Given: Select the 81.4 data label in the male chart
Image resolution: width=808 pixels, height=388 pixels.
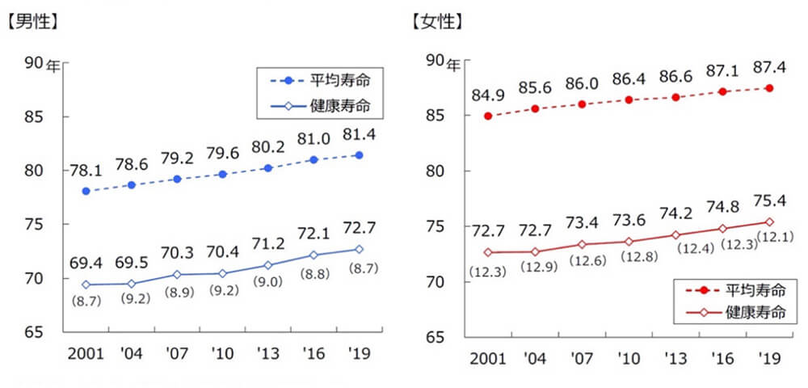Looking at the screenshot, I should click(x=359, y=135).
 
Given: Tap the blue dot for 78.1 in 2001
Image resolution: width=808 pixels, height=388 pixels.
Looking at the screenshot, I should click(x=85, y=192).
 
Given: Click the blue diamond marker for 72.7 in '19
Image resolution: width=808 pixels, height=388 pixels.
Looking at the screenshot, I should click(x=359, y=249).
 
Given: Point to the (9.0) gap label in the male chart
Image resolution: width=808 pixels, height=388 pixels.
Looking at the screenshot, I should click(x=267, y=283).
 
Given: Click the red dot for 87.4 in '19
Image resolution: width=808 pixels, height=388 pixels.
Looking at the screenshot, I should click(x=769, y=88).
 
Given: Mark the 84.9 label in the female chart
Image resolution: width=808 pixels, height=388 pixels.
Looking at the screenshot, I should click(x=487, y=96).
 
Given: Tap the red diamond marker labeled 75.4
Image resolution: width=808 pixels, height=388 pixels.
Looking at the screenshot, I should click(x=769, y=221).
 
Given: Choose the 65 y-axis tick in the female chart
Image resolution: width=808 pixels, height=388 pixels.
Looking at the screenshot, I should click(x=436, y=336).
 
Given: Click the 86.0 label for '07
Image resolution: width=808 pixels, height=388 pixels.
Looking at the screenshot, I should click(x=581, y=83).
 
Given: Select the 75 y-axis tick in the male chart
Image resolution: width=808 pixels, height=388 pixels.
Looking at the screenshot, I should click(x=46, y=225).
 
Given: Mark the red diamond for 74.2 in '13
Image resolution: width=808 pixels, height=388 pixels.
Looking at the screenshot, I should click(x=675, y=235).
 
